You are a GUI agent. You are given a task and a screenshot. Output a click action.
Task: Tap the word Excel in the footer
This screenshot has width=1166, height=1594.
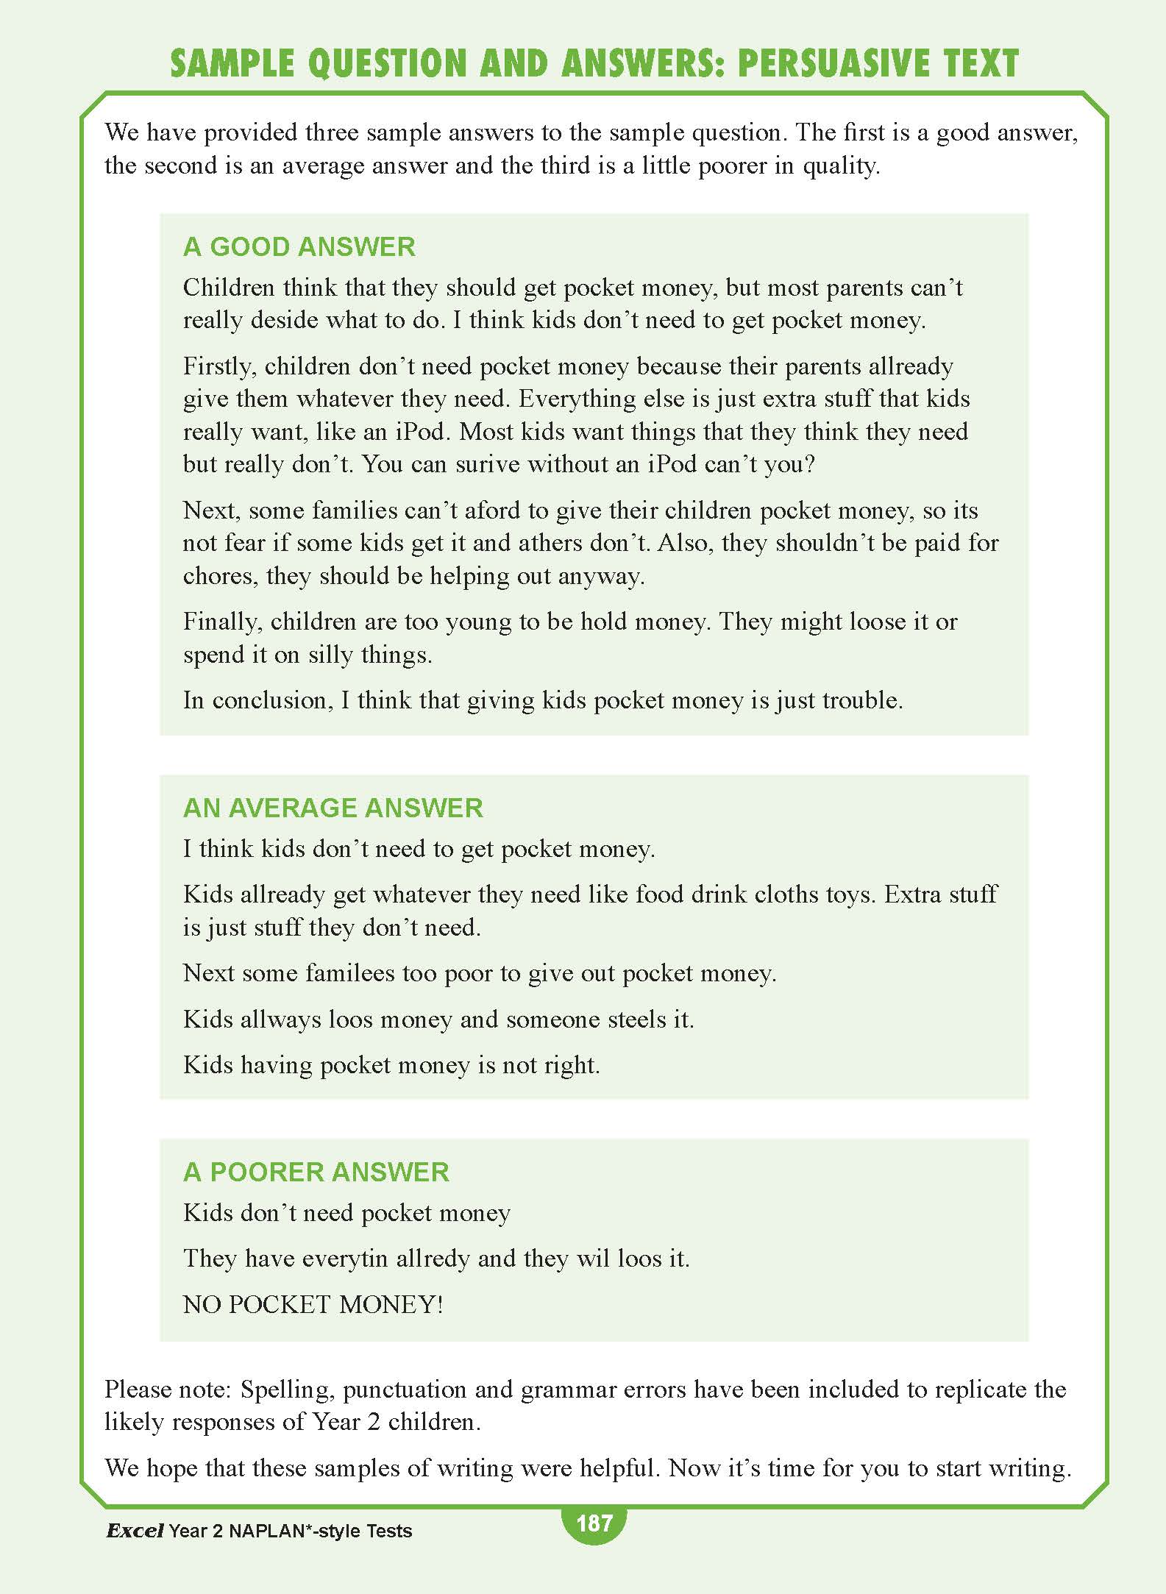[135, 1531]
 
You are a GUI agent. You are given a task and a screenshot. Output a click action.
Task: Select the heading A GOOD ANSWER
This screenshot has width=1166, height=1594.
[299, 246]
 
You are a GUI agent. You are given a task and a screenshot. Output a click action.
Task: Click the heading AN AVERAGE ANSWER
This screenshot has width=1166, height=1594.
[333, 808]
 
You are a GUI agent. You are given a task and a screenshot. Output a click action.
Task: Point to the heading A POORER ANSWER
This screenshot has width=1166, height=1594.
[316, 1172]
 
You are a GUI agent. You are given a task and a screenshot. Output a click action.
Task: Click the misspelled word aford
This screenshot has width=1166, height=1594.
[473, 510]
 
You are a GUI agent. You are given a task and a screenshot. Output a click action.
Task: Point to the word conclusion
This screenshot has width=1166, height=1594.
[269, 700]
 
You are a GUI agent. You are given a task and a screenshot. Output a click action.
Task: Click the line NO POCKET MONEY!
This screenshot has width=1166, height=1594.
[313, 1304]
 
